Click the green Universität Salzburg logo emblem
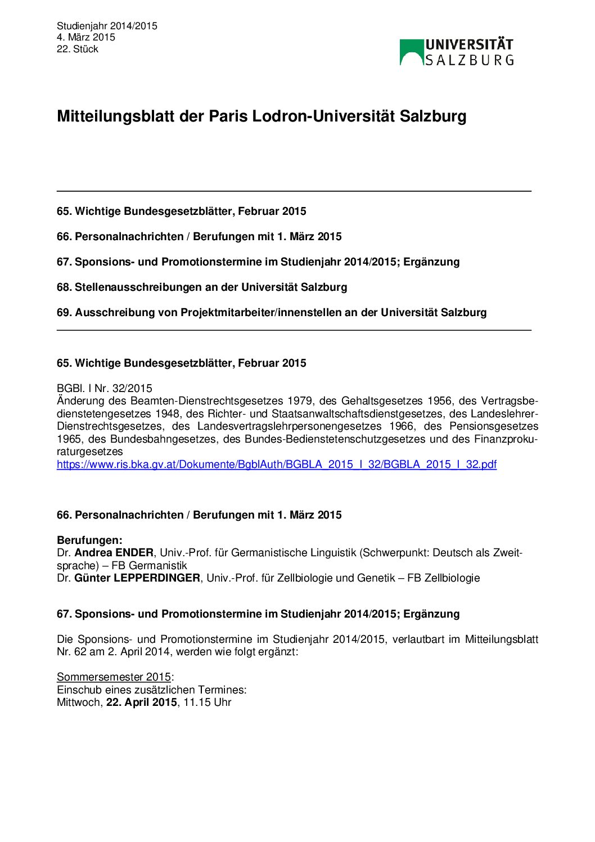pyautogui.click(x=411, y=52)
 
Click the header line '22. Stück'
pyautogui.click(x=78, y=49)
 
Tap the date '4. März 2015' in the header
pyautogui.click(x=85, y=37)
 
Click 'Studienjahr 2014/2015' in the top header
pyautogui.click(x=107, y=26)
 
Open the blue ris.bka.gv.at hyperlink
pyautogui.click(x=276, y=464)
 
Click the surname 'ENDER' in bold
pyautogui.click(x=134, y=553)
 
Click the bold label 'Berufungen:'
pyautogui.click(x=89, y=541)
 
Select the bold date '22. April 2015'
pyautogui.click(x=142, y=703)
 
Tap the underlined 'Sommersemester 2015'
pyautogui.click(x=114, y=677)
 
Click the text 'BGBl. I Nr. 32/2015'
pyautogui.click(x=104, y=388)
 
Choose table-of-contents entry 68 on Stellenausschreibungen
pyautogui.click(x=202, y=287)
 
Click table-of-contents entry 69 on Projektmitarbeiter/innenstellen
pyautogui.click(x=272, y=313)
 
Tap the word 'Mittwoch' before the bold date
pyautogui.click(x=78, y=703)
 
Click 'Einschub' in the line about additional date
pyautogui.click(x=77, y=690)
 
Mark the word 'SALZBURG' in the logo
pyautogui.click(x=469, y=60)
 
